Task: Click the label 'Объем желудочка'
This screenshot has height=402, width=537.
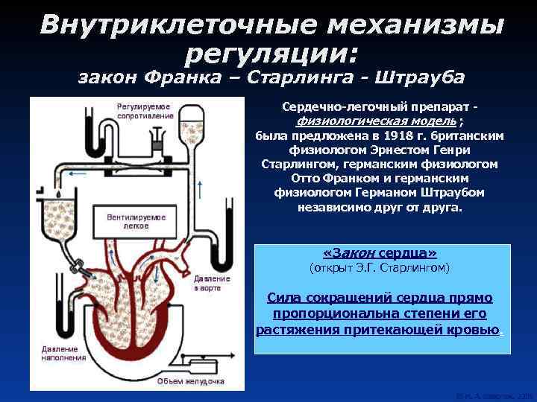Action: (189, 381)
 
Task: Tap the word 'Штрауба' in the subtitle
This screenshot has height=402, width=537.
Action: (412, 77)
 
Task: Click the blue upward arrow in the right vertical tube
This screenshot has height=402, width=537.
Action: (200, 186)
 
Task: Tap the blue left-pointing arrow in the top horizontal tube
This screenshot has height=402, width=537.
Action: (75, 170)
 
